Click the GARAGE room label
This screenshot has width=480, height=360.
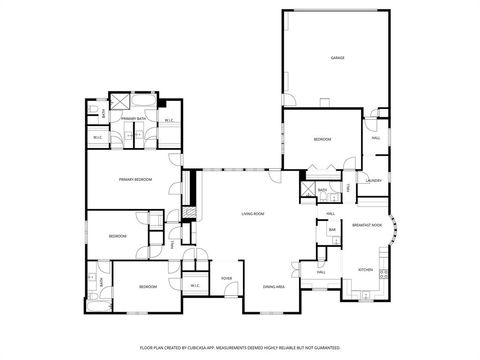337,59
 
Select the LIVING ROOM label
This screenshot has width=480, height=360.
252,214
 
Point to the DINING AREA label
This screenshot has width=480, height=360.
273,287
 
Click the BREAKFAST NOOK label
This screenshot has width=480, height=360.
368,226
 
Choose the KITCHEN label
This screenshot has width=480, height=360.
365,270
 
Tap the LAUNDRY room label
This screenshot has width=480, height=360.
374,180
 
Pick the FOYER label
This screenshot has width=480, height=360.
227,278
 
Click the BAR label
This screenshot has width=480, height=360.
332,231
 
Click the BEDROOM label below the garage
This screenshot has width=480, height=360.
322,139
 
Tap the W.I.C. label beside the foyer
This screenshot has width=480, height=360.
196,286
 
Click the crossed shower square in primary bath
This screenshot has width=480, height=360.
118,101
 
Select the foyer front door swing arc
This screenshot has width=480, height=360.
232,297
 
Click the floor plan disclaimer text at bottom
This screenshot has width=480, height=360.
240,346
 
